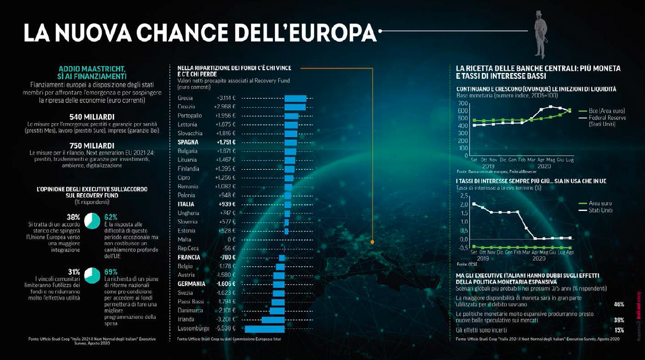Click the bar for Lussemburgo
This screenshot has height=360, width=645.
coord(264,329)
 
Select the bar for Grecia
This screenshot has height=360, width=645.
coord(295,98)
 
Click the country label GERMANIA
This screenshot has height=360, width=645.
coord(191,284)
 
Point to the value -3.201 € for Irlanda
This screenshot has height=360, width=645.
coord(225,319)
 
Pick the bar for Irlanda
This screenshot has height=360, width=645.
coord(273,320)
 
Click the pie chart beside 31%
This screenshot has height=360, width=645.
coord(92,275)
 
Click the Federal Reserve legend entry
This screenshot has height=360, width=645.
coord(606,118)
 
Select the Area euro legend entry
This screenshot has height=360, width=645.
coord(600,204)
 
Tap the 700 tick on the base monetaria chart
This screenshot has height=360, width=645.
coord(463,102)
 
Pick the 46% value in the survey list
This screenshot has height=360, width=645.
coord(619,304)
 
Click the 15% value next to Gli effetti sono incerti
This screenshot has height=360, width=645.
coord(619,330)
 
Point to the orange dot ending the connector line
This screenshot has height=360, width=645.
coord(372,242)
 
